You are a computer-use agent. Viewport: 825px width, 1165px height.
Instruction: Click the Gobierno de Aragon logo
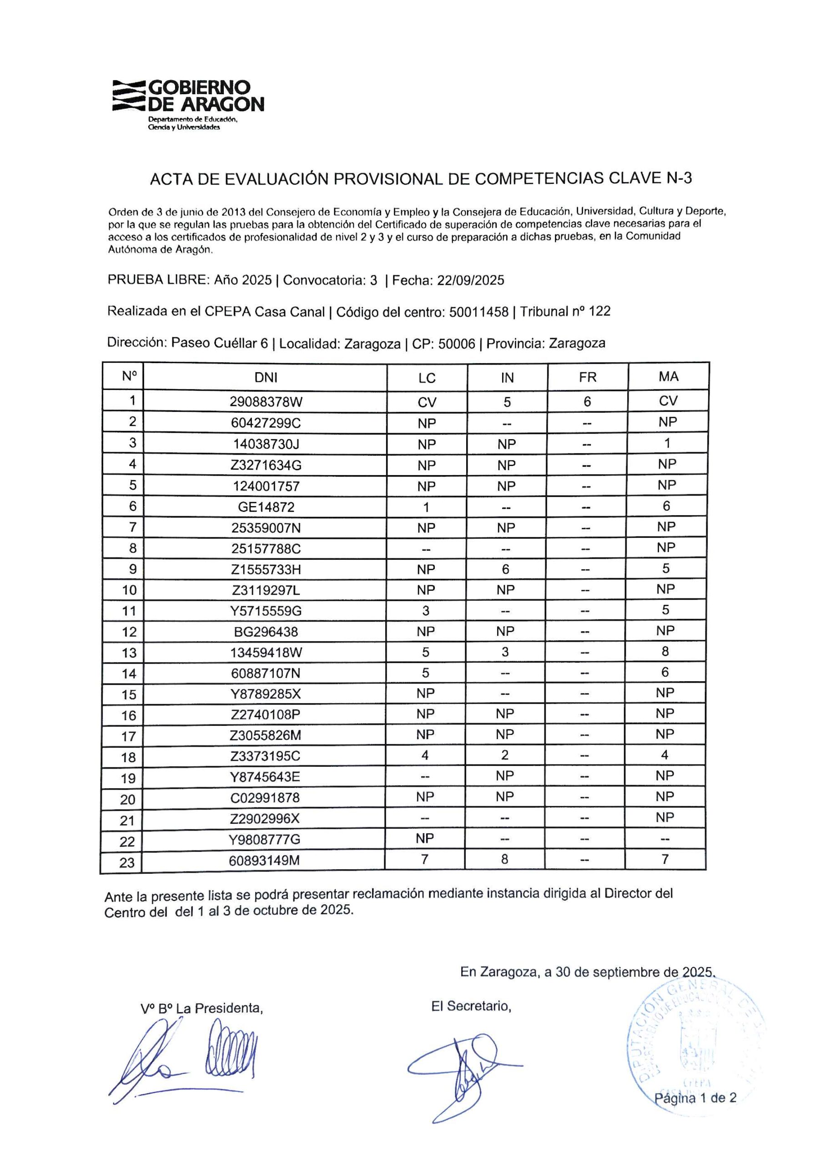[188, 104]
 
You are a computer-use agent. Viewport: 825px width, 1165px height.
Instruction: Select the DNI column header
[266, 377]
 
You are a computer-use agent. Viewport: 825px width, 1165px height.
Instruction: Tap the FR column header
[587, 377]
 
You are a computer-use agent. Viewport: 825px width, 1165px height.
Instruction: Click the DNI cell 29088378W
[266, 402]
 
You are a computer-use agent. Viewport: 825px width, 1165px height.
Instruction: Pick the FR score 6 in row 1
[587, 401]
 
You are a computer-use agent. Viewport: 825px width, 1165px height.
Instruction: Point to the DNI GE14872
[266, 507]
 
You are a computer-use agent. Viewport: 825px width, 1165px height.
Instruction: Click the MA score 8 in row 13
[665, 652]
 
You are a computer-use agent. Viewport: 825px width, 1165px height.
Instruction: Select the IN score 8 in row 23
[504, 859]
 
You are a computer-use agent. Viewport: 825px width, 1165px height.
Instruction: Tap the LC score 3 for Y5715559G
[426, 610]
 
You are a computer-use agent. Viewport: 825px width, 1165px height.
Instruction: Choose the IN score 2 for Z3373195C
[504, 755]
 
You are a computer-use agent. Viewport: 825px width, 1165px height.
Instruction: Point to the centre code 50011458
[478, 312]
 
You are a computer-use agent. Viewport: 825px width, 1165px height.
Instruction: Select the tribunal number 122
[599, 311]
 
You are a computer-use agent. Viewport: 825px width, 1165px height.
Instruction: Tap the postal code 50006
[456, 344]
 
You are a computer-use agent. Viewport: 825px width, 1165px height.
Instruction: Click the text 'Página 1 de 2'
[695, 1098]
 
